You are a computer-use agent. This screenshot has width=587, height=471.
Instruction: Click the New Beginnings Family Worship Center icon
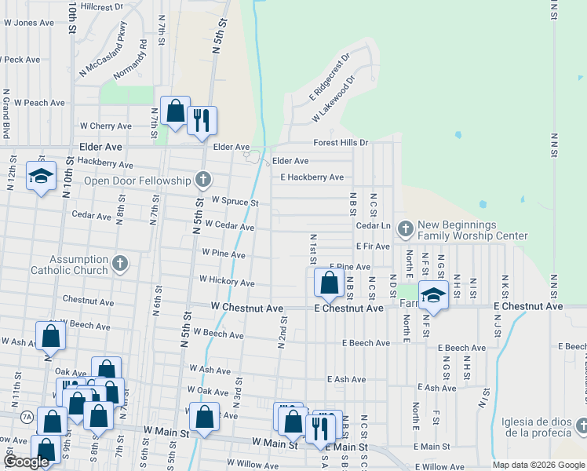pos(406,228)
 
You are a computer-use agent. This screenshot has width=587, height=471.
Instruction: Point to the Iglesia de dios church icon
pos(580,425)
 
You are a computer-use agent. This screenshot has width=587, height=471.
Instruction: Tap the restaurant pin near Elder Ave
pos(202,121)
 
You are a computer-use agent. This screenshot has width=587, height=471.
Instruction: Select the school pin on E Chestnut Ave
pos(432,295)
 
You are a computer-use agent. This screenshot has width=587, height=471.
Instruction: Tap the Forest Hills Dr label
pos(341,143)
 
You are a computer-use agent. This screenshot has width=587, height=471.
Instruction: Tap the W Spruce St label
pos(235,202)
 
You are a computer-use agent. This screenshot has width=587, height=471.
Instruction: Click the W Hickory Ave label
pos(227,281)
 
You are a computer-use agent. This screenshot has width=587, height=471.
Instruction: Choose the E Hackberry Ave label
pos(312,177)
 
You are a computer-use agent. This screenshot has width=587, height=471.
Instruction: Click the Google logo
pos(26,462)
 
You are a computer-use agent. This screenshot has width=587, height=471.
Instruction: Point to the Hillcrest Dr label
pos(102,6)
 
